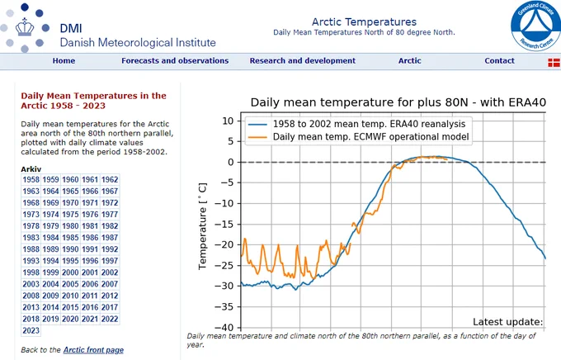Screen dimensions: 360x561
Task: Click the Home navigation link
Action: pyautogui.click(x=64, y=61)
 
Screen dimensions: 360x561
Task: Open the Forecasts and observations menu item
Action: pyautogui.click(x=175, y=61)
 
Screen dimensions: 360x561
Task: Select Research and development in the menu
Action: pyautogui.click(x=302, y=61)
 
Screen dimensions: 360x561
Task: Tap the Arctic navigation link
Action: pyautogui.click(x=409, y=61)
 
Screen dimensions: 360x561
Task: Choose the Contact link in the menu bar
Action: pyautogui.click(x=499, y=61)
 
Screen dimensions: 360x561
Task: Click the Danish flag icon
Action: pyautogui.click(x=552, y=62)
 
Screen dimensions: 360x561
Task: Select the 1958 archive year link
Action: pyautogui.click(x=31, y=179)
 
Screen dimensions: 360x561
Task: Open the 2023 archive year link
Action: pyautogui.click(x=31, y=330)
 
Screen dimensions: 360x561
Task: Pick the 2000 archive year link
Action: pyautogui.click(x=70, y=272)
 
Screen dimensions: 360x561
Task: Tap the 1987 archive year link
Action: pyautogui.click(x=110, y=237)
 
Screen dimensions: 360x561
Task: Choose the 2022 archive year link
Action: pyautogui.click(x=110, y=319)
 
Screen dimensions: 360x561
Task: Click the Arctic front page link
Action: pyautogui.click(x=93, y=350)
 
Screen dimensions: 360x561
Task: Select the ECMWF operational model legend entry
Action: pyautogui.click(x=371, y=136)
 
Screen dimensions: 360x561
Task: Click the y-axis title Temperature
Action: pyautogui.click(x=203, y=223)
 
